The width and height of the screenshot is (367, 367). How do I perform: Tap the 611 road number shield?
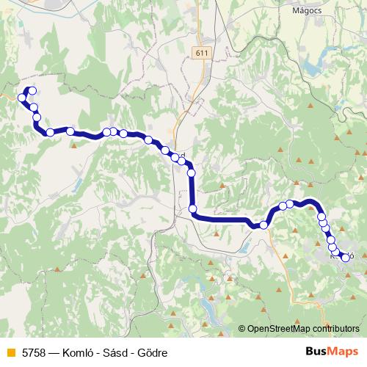203,53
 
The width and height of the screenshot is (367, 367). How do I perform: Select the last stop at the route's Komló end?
345,257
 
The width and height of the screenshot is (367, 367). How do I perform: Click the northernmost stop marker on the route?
32,91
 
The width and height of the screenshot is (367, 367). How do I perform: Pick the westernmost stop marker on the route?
22,98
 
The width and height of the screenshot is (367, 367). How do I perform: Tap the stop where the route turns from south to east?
193,209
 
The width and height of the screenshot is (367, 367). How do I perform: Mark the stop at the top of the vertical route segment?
191,173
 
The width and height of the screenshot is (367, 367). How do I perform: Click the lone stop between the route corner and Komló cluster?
264,225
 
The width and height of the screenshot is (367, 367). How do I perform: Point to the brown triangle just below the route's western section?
73,144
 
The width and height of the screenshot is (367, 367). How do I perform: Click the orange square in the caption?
10,352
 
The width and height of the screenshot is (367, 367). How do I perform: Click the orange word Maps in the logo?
343,351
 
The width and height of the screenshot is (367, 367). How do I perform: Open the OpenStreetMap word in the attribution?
279,328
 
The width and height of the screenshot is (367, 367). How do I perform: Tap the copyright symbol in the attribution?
242,328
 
